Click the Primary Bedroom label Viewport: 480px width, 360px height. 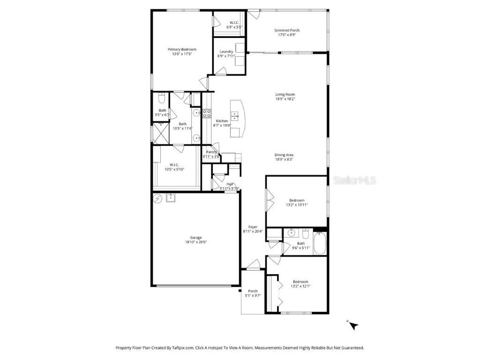click(182, 49)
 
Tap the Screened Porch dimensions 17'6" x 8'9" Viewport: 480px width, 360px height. click(287, 35)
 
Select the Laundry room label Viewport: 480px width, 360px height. click(226, 52)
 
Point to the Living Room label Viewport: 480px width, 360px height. click(285, 94)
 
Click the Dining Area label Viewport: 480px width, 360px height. click(284, 155)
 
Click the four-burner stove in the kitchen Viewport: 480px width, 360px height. click(207, 112)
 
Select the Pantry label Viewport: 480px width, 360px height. click(211, 152)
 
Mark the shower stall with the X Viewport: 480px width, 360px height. click(161, 133)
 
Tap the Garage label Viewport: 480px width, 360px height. click(195, 238)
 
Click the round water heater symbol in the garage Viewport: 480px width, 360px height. click(157, 198)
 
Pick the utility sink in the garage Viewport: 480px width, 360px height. click(171, 198)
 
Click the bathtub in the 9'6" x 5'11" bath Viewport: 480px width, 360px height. click(320, 244)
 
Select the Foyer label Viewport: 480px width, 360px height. click(253, 227)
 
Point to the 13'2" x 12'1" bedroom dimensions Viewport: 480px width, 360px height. click(300, 286)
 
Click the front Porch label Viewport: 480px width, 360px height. click(253, 291)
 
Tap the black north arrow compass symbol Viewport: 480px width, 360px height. click(353, 325)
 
